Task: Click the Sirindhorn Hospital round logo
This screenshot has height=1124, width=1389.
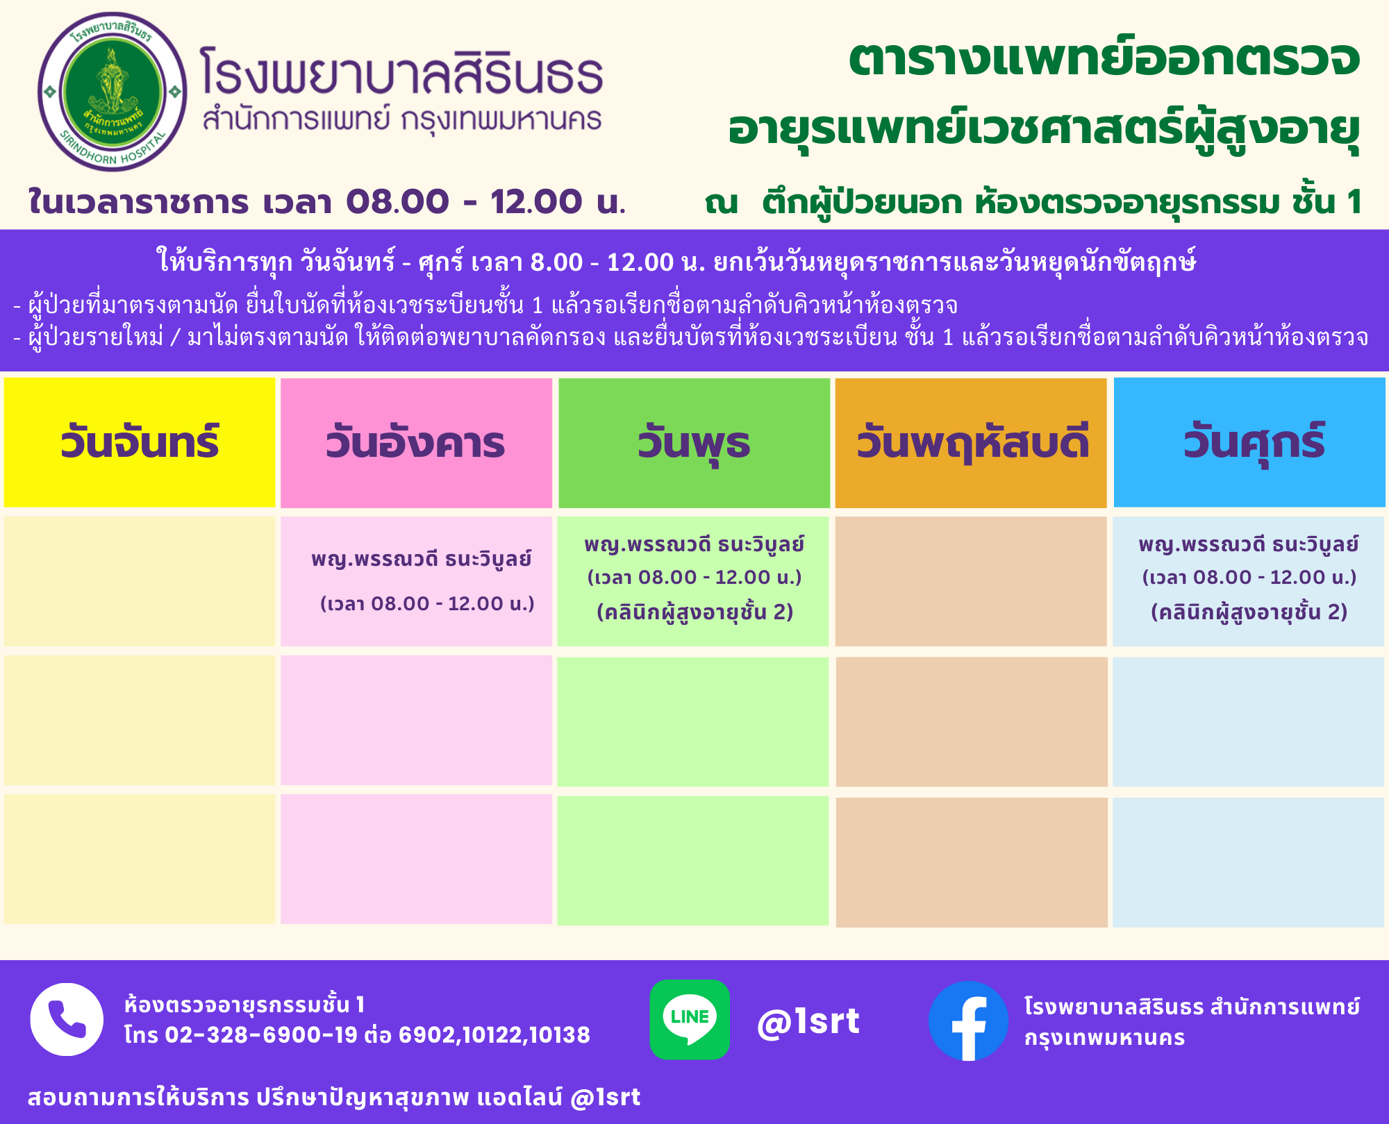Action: click(113, 92)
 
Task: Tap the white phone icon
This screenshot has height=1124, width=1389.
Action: click(67, 1019)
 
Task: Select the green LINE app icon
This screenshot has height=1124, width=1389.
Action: click(690, 1019)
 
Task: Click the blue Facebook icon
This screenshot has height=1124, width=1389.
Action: click(968, 1021)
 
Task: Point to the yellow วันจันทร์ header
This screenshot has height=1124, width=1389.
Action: click(140, 442)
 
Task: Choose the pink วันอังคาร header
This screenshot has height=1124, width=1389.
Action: click(416, 443)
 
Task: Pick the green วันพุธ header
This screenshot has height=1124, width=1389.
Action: click(694, 443)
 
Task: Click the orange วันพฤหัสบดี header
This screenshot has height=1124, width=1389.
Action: click(971, 443)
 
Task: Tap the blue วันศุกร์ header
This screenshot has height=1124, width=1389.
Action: click(1249, 442)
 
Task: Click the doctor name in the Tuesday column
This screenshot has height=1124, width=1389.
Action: click(422, 559)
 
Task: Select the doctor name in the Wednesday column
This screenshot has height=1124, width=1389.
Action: click(694, 544)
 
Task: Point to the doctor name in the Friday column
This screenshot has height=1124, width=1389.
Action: click(1249, 544)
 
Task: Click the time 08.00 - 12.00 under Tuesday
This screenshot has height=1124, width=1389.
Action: click(427, 603)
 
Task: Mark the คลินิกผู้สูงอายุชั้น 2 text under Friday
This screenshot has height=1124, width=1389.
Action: click(1249, 612)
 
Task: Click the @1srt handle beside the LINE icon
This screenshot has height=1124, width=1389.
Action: click(808, 1021)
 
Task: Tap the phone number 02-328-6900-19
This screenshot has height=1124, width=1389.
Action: click(261, 1035)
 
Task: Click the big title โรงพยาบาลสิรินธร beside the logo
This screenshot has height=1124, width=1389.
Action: click(401, 72)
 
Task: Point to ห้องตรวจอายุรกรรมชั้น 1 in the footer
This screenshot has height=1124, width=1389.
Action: click(244, 1005)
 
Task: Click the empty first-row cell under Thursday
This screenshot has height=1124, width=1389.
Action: click(971, 581)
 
